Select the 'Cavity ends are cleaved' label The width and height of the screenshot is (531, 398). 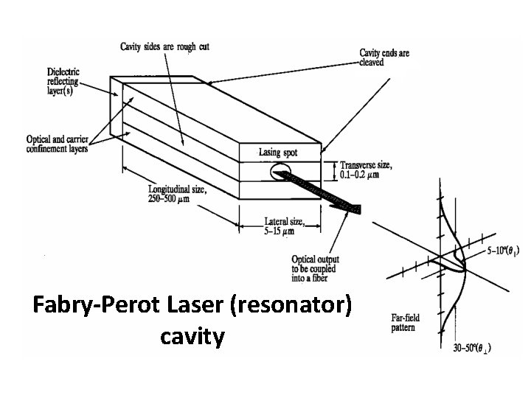pos(383,57)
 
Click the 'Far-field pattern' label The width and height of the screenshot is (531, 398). pos(407,321)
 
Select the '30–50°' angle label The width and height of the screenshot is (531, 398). pos(473,348)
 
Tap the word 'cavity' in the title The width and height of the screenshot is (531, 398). pos(192,337)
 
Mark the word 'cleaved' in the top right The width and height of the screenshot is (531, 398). pos(372,63)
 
